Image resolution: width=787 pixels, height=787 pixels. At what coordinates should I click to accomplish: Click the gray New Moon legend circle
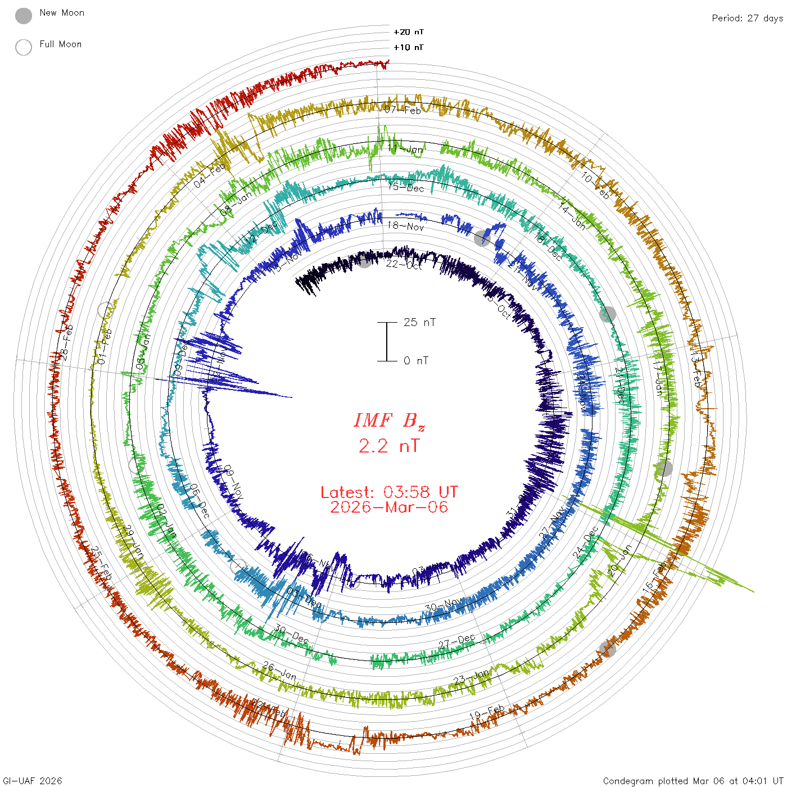point(24,16)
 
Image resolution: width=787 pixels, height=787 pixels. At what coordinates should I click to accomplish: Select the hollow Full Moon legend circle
point(24,47)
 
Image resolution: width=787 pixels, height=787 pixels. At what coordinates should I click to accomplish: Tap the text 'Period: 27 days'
point(747,18)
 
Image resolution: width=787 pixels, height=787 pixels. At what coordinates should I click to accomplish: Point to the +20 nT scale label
point(409,32)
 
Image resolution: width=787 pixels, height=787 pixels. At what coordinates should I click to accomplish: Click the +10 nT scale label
point(409,47)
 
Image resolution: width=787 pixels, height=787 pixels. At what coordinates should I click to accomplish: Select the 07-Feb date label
point(402,110)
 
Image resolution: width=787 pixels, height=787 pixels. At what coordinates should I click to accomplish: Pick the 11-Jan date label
point(405,149)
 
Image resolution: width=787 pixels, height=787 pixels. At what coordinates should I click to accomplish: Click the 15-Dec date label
point(406,188)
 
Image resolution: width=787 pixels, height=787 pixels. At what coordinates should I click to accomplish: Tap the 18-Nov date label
point(406,226)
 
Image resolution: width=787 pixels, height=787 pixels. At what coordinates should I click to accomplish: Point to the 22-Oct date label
point(404,264)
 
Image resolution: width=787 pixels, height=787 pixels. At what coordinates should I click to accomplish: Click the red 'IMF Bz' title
point(389,420)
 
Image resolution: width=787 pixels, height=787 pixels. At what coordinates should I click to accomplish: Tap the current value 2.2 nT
point(389,446)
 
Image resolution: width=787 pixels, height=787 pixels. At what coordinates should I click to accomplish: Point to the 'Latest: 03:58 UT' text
point(389,492)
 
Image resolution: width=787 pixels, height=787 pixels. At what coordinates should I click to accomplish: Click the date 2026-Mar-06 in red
point(389,507)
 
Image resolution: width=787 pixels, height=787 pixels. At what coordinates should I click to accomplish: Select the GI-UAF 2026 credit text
point(33,781)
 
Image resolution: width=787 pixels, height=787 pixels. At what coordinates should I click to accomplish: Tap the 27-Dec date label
point(457,641)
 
